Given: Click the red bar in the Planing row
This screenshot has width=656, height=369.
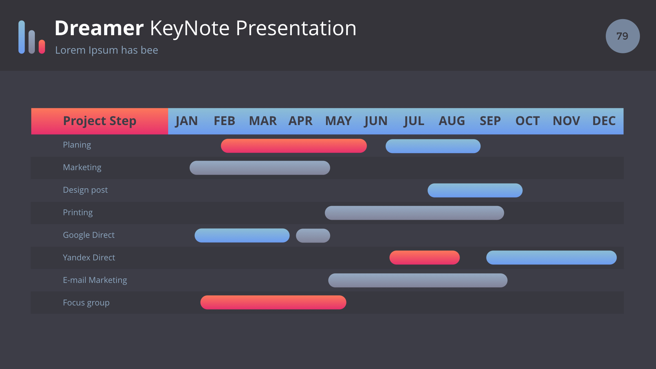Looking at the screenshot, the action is pyautogui.click(x=294, y=146).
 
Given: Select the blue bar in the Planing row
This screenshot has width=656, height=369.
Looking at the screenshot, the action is pyautogui.click(x=433, y=146).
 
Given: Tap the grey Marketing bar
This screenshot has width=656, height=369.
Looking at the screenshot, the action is pyautogui.click(x=260, y=168).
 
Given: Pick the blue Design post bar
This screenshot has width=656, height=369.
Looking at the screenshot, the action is pyautogui.click(x=475, y=190).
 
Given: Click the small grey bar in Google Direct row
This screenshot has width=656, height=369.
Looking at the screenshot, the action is pyautogui.click(x=313, y=235).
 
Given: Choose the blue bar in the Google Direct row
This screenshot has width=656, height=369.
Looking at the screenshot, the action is pyautogui.click(x=242, y=235).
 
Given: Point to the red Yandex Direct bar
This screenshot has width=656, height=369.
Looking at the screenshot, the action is pyautogui.click(x=424, y=258).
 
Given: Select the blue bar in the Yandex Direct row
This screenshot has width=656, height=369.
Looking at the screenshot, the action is pyautogui.click(x=551, y=258).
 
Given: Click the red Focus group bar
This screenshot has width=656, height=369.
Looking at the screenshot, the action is pyautogui.click(x=273, y=302).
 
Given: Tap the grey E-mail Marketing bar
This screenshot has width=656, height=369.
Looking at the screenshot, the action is pyautogui.click(x=418, y=280).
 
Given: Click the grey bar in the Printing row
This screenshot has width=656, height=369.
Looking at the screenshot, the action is pyautogui.click(x=414, y=213).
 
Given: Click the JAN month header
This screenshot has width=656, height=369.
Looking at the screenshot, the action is pyautogui.click(x=187, y=121).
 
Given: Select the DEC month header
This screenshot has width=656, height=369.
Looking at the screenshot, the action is pyautogui.click(x=604, y=121).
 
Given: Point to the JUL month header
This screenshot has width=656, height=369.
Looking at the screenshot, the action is pyautogui.click(x=414, y=121).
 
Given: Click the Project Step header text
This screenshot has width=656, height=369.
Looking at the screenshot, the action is pyautogui.click(x=100, y=121).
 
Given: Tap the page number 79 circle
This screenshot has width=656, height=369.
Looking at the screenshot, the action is pyautogui.click(x=623, y=36).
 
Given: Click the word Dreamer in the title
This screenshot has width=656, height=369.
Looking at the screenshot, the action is pyautogui.click(x=99, y=28).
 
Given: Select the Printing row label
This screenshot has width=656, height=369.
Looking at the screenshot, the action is pyautogui.click(x=78, y=213).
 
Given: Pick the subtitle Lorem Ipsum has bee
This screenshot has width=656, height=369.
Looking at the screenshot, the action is pyautogui.click(x=107, y=50).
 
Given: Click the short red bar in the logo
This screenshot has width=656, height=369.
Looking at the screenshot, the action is pyautogui.click(x=42, y=47).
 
